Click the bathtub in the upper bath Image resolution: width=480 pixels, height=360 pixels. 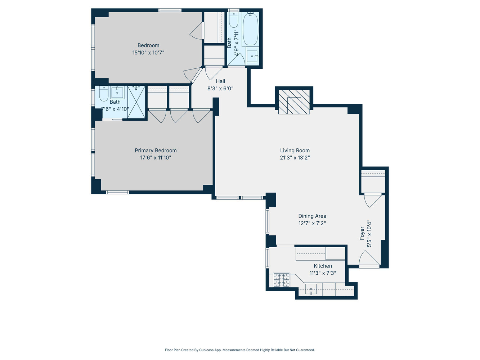pos(251,29)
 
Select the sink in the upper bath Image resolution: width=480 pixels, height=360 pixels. pos(252,56)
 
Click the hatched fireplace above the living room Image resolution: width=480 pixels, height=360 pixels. pos(294,102)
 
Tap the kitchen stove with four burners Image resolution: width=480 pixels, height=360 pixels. pos(281,280)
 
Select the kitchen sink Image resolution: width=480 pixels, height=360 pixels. pos(311,289)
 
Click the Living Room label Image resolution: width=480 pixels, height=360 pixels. pos(295,150)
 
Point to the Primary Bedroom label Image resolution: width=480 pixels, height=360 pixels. pos(156,150)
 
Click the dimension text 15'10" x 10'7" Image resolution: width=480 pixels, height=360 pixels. pos(148,53)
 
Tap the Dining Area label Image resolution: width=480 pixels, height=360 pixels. pos(312,216)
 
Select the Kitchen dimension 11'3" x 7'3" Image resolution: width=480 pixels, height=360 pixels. pos(323,273)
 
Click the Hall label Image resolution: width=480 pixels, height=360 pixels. pos(220,81)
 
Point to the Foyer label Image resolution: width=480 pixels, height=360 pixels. pos(362,233)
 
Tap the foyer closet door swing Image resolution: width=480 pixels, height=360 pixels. pos(372,200)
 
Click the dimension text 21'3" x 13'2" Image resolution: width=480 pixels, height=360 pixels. pos(295,158)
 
